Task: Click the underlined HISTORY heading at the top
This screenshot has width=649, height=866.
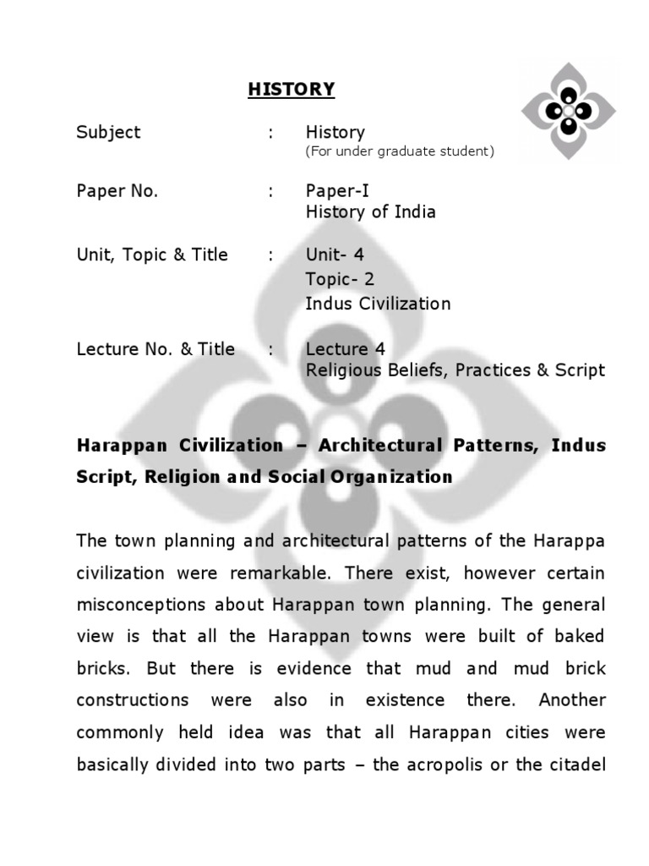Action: coord(292,90)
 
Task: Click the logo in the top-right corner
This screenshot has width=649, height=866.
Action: coord(568,110)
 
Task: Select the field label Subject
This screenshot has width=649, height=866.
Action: coord(108,133)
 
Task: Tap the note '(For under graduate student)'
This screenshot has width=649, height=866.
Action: coord(400,152)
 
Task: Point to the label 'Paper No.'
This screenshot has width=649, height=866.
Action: coord(117,191)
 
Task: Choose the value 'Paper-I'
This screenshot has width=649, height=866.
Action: coord(337,191)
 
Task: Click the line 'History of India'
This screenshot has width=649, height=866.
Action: coord(370,212)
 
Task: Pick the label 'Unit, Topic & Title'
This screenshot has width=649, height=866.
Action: coord(152,255)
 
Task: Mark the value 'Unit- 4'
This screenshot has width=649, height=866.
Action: coord(335,255)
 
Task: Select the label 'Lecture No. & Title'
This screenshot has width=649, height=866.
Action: coord(155,349)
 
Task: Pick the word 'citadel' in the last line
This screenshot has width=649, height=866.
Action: coord(578,765)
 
